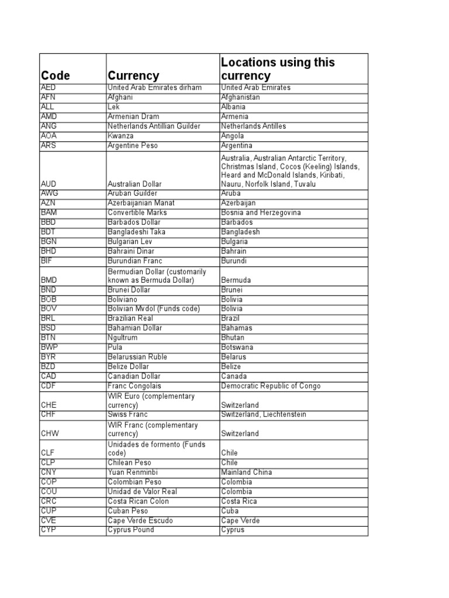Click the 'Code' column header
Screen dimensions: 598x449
(56, 76)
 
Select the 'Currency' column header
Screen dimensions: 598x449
(133, 76)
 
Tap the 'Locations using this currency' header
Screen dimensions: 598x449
(278, 69)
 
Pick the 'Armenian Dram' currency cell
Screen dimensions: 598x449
(133, 117)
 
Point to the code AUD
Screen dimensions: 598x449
(49, 184)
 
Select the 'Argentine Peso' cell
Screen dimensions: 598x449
(133, 145)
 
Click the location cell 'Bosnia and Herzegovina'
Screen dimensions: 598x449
(261, 213)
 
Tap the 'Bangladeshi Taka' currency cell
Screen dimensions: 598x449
(137, 232)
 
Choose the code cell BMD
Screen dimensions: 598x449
(50, 280)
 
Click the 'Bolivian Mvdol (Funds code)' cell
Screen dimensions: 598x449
(154, 309)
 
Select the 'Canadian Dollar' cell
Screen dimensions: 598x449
(135, 376)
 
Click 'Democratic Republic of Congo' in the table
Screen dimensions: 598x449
(270, 386)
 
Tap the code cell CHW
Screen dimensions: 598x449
(50, 434)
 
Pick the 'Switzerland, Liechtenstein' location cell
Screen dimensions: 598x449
(264, 415)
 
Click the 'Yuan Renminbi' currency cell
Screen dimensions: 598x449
(133, 472)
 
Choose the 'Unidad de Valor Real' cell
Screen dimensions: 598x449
(142, 492)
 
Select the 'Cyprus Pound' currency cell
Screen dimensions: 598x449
(131, 530)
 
